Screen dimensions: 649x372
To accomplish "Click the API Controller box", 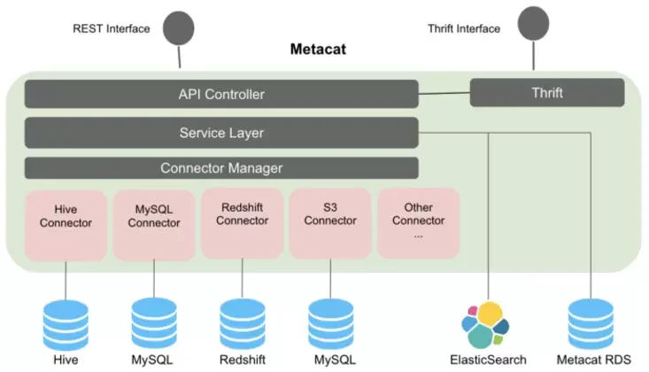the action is [221, 94].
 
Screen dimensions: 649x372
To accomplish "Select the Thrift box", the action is [547, 93].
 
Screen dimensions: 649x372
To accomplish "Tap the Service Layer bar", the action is [221, 133].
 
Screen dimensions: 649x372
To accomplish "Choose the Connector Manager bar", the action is [221, 167].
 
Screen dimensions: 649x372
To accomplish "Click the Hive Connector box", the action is [66, 225].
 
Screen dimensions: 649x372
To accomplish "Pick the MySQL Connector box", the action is [154, 225].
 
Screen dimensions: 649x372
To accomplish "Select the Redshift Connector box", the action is [242, 224].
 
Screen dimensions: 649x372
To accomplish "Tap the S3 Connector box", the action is [330, 224].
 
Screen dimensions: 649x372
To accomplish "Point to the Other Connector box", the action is [419, 224].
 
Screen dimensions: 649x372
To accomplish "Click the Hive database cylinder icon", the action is [66, 325].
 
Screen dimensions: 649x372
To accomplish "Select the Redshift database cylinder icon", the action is [243, 324].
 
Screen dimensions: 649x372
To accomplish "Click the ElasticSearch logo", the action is [485, 325].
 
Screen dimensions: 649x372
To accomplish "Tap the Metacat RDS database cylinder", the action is [591, 324].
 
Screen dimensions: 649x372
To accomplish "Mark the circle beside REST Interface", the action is [178, 28].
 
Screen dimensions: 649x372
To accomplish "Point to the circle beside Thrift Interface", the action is [534, 24].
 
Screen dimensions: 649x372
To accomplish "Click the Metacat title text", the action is [318, 50].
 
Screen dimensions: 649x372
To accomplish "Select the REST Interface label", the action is [112, 28].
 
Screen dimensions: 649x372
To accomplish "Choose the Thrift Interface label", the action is [464, 28].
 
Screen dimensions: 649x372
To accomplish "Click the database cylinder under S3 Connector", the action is [331, 324].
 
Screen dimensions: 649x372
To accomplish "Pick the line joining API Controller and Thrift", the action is [444, 94].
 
